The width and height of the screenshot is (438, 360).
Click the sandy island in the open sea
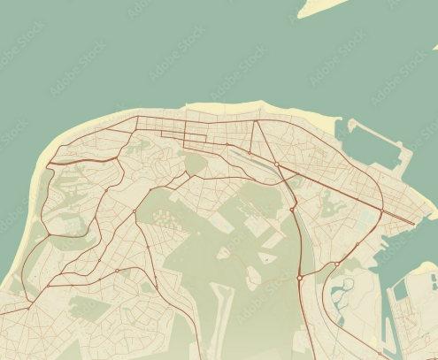(323, 7)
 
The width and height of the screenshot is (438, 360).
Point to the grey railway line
(252, 159)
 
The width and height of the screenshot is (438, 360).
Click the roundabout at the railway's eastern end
(277, 165)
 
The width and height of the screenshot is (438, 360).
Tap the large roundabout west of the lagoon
(300, 278)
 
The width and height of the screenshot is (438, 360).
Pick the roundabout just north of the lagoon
(337, 264)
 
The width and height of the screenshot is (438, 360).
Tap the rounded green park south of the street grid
(194, 164)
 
